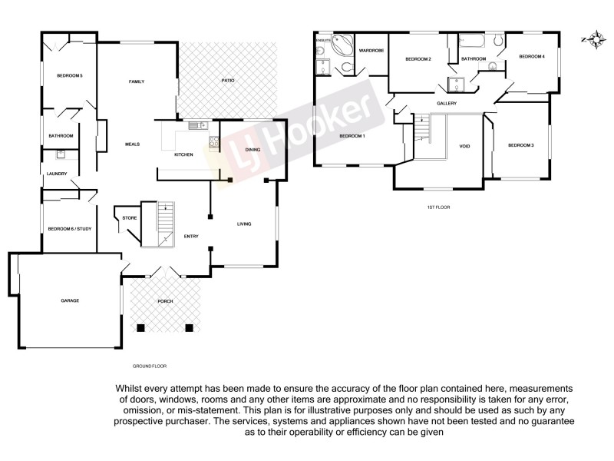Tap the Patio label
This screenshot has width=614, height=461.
[x=228, y=81]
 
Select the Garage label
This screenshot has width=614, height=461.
[x=70, y=300]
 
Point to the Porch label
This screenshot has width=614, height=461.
[x=164, y=301]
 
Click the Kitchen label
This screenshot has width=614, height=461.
[x=183, y=155]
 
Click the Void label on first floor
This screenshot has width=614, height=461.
[x=464, y=146]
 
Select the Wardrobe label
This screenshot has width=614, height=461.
[x=371, y=51]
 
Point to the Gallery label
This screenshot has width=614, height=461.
[x=447, y=104]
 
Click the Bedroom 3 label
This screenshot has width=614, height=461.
[x=520, y=145]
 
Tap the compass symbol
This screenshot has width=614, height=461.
[x=592, y=39]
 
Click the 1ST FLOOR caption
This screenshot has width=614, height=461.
[x=438, y=207]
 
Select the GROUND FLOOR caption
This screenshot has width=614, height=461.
[x=149, y=366]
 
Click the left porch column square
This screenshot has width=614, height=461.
[x=140, y=329]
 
